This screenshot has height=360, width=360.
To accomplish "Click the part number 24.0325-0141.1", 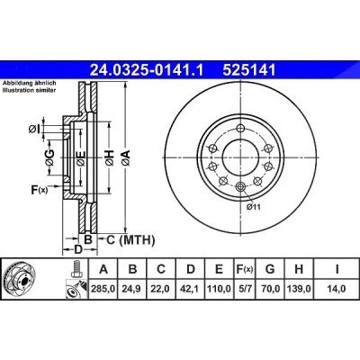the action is pos(147,70).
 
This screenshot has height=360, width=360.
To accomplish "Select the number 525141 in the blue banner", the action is pos(248,70).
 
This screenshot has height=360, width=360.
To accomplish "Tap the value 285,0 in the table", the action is pos(103,289).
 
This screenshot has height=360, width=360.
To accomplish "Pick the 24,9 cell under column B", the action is pos(132,289).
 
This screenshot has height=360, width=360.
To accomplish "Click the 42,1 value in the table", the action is pos(191,289).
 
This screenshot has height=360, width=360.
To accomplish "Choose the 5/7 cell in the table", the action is pos(243,289).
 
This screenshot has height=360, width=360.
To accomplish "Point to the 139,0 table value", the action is pos(299,289).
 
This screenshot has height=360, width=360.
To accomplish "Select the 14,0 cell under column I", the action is pos(337,289).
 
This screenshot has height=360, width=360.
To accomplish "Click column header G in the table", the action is pos(270,269).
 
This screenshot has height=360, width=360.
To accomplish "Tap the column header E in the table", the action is pos(220,269).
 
